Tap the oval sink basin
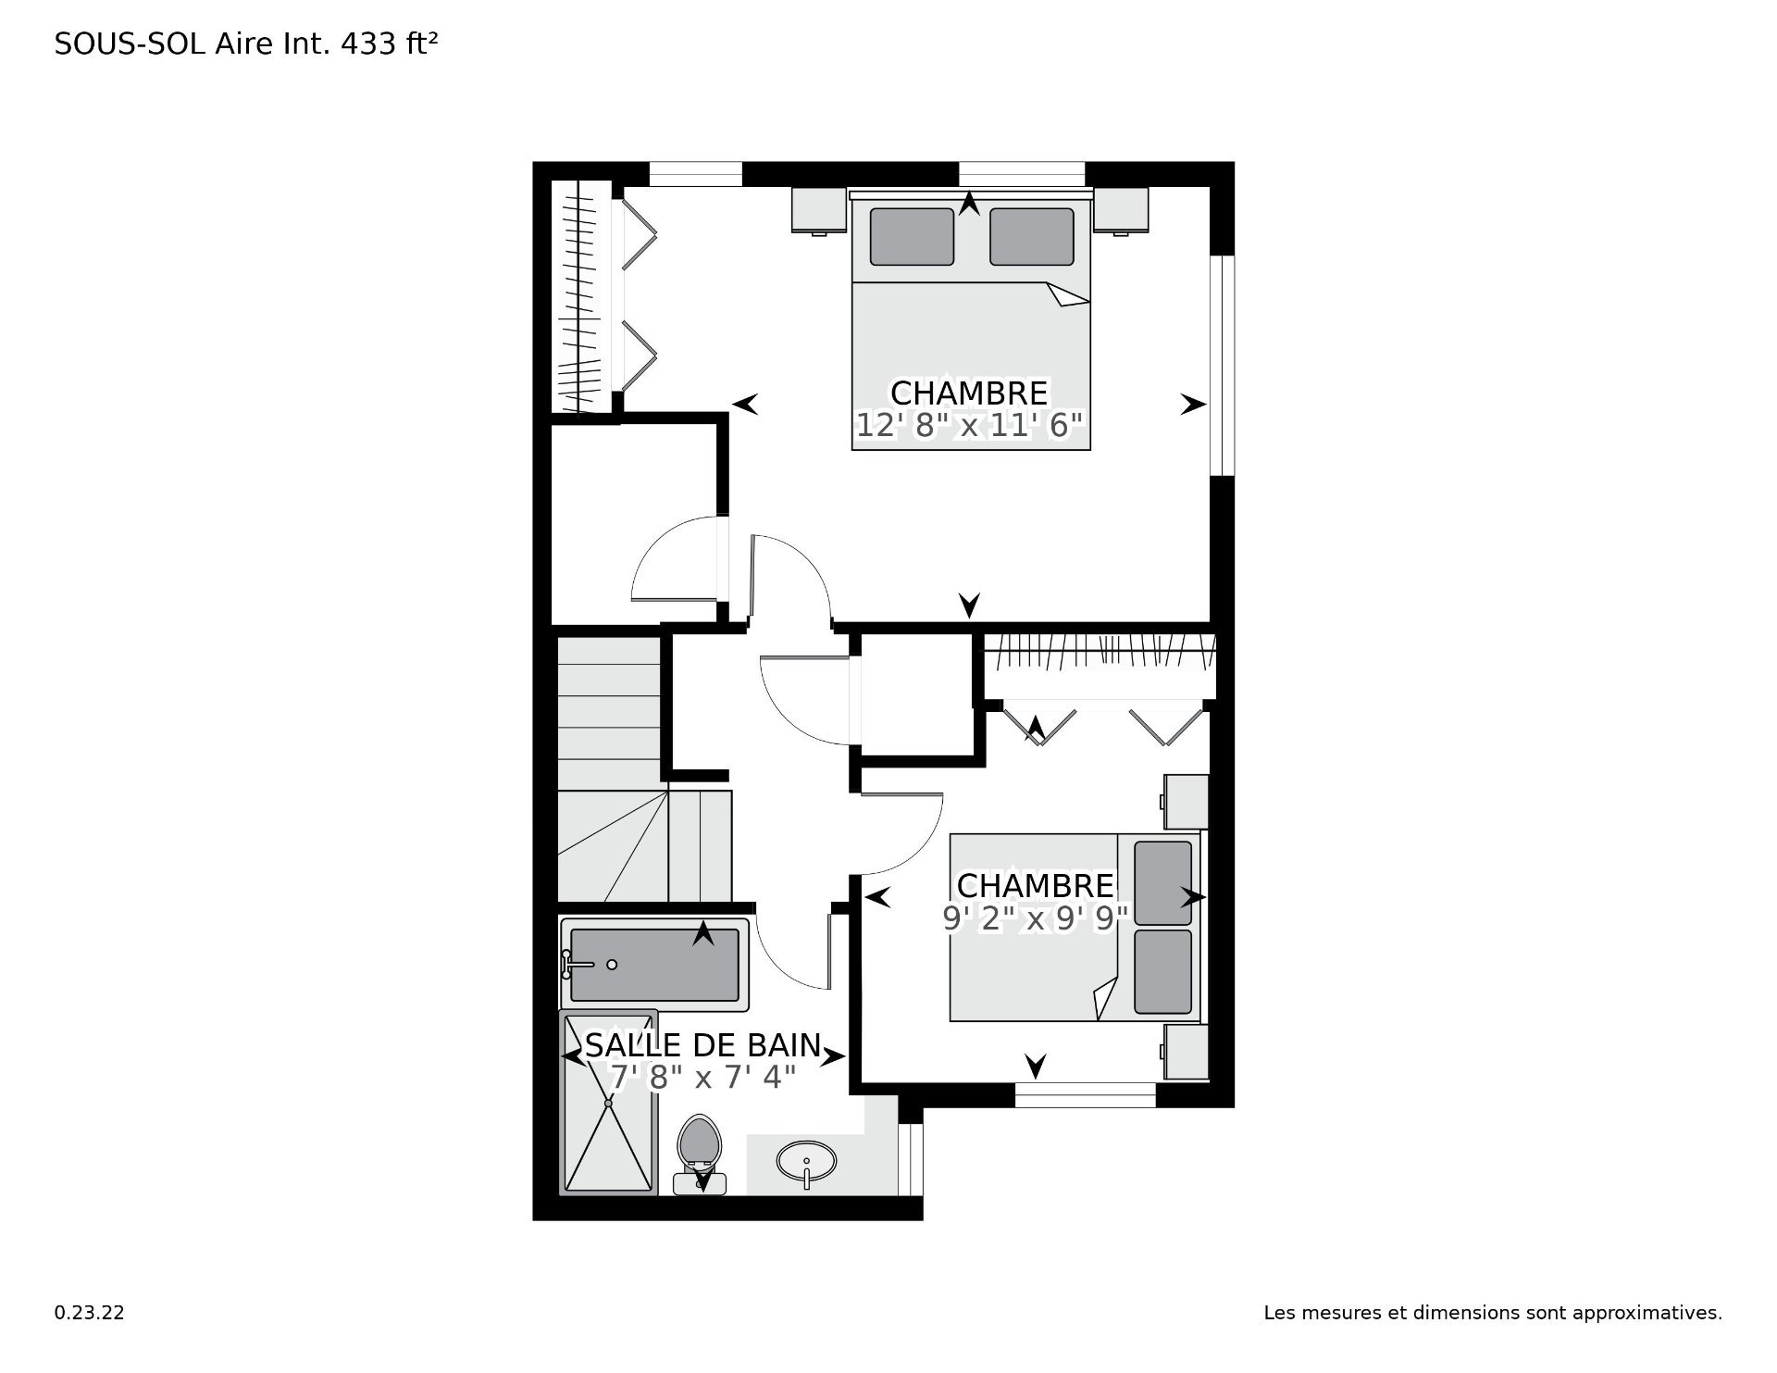pyautogui.click(x=806, y=1160)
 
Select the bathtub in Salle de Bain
pyautogui.click(x=654, y=964)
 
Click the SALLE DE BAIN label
pyautogui.click(x=703, y=1045)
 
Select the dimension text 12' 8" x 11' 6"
pyautogui.click(x=969, y=426)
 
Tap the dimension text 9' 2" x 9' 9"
pyautogui.click(x=1036, y=918)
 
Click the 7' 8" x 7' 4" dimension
pyautogui.click(x=703, y=1078)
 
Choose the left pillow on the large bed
pyautogui.click(x=912, y=236)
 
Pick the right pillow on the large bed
pyautogui.click(x=1032, y=236)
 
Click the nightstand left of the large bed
pyautogui.click(x=819, y=211)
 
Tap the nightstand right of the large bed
pyautogui.click(x=1121, y=211)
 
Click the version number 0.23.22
pyautogui.click(x=89, y=1313)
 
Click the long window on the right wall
pyautogui.click(x=1223, y=366)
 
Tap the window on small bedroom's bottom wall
pyautogui.click(x=1086, y=1095)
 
